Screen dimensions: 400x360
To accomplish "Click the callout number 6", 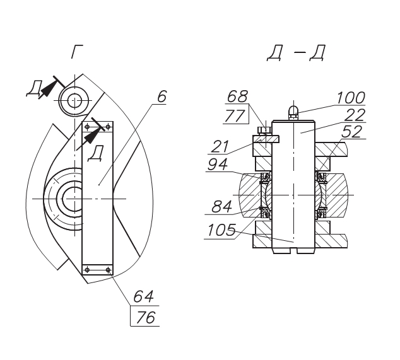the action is point(162,96).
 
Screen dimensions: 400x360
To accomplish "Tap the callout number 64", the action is point(144,296).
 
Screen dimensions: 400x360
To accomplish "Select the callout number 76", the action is point(145,317).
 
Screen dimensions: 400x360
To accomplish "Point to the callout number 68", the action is point(237,96).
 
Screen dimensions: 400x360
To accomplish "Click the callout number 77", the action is point(235,115).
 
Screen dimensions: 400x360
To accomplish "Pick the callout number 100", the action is point(351,98).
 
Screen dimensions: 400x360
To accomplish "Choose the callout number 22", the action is point(355,115).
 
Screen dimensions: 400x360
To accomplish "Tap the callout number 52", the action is point(352,132).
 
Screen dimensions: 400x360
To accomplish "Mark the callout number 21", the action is point(220,147).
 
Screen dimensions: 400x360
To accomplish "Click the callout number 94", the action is point(218,165).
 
